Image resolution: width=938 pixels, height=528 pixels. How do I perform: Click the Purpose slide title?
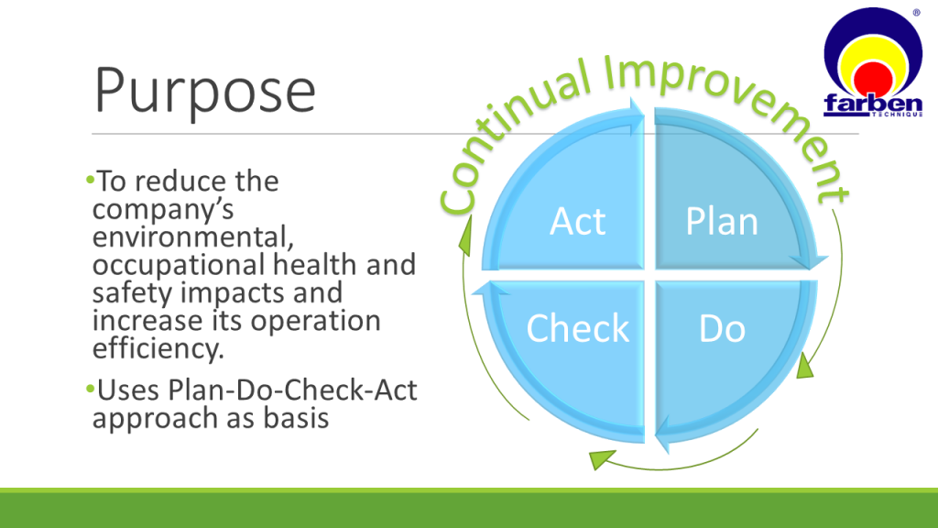pos(205,92)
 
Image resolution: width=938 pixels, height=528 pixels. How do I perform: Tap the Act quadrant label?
pos(577,222)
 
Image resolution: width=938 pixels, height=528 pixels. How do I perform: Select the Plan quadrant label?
pos(722,222)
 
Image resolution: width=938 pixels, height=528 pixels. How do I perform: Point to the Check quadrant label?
pos(577,328)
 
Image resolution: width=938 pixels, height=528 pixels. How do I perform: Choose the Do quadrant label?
pos(722,329)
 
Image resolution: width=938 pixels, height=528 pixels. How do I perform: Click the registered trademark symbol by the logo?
pos(916,13)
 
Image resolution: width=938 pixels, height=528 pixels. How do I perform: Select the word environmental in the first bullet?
pos(192,237)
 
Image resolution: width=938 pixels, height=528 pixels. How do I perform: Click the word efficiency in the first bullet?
pos(158,348)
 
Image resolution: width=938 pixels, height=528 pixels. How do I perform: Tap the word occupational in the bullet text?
pos(179,265)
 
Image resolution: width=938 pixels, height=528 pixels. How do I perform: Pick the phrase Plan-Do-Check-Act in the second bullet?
pos(292,390)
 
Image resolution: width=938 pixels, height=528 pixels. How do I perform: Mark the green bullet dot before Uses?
pos(91,390)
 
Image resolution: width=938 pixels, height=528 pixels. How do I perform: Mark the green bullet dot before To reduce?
pos(91,180)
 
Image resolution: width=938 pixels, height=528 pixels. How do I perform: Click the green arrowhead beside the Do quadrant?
pos(805,366)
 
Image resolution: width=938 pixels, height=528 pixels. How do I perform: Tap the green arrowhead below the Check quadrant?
pos(601,458)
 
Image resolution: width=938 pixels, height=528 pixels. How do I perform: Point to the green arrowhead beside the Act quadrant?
pos(465,236)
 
